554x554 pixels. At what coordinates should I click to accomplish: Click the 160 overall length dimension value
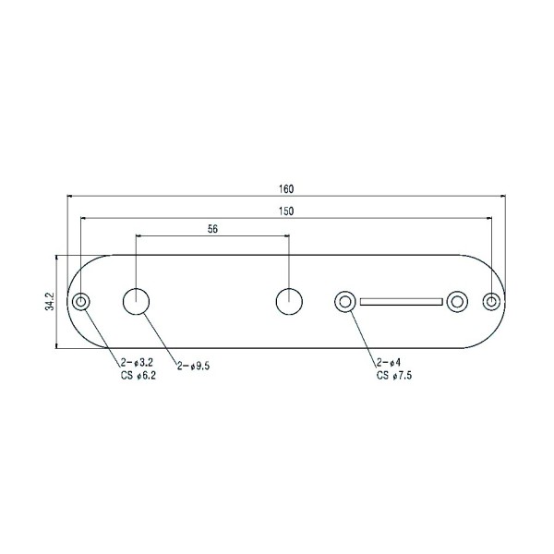[286, 188]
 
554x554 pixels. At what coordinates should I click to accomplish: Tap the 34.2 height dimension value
[49, 301]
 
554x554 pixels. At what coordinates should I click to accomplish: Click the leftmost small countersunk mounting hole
[83, 301]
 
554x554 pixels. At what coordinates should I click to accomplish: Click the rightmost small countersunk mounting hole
[491, 301]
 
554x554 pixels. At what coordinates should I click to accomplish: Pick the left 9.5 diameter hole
[137, 301]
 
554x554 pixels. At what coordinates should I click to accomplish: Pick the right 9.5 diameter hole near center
[289, 301]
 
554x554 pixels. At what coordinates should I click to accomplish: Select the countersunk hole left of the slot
[345, 301]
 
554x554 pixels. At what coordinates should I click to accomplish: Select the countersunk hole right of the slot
[456, 301]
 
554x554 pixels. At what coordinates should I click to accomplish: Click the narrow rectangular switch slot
[401, 301]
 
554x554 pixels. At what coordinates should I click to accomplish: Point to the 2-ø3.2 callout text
[138, 366]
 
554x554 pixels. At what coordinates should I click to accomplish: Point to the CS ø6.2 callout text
[137, 377]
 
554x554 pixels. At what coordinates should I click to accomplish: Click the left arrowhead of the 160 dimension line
[70, 196]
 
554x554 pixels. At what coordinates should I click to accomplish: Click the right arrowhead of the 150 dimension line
[488, 218]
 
